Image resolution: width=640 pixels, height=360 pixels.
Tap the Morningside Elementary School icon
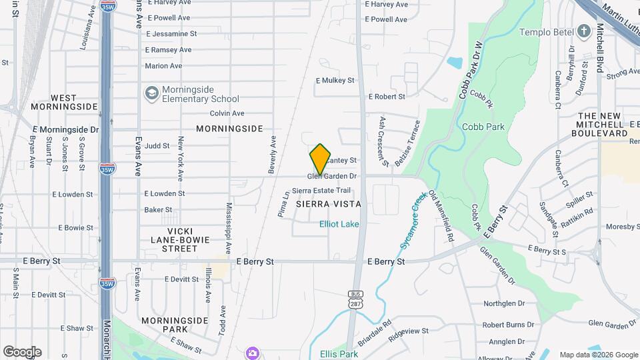151,93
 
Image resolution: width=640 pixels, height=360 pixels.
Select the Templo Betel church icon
584,31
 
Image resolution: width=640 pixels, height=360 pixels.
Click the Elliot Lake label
339,224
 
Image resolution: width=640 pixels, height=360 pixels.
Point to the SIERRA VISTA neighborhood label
328,204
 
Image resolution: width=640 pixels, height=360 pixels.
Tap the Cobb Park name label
483,127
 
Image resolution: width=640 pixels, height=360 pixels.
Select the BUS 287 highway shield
354,299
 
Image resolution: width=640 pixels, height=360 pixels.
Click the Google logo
22,351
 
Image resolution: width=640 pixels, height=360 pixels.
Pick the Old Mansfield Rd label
441,215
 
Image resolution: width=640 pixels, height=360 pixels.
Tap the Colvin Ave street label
227,113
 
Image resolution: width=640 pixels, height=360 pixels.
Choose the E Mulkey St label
335,80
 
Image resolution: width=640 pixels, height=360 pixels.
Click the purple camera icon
252,352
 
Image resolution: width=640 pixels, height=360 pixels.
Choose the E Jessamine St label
171,33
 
